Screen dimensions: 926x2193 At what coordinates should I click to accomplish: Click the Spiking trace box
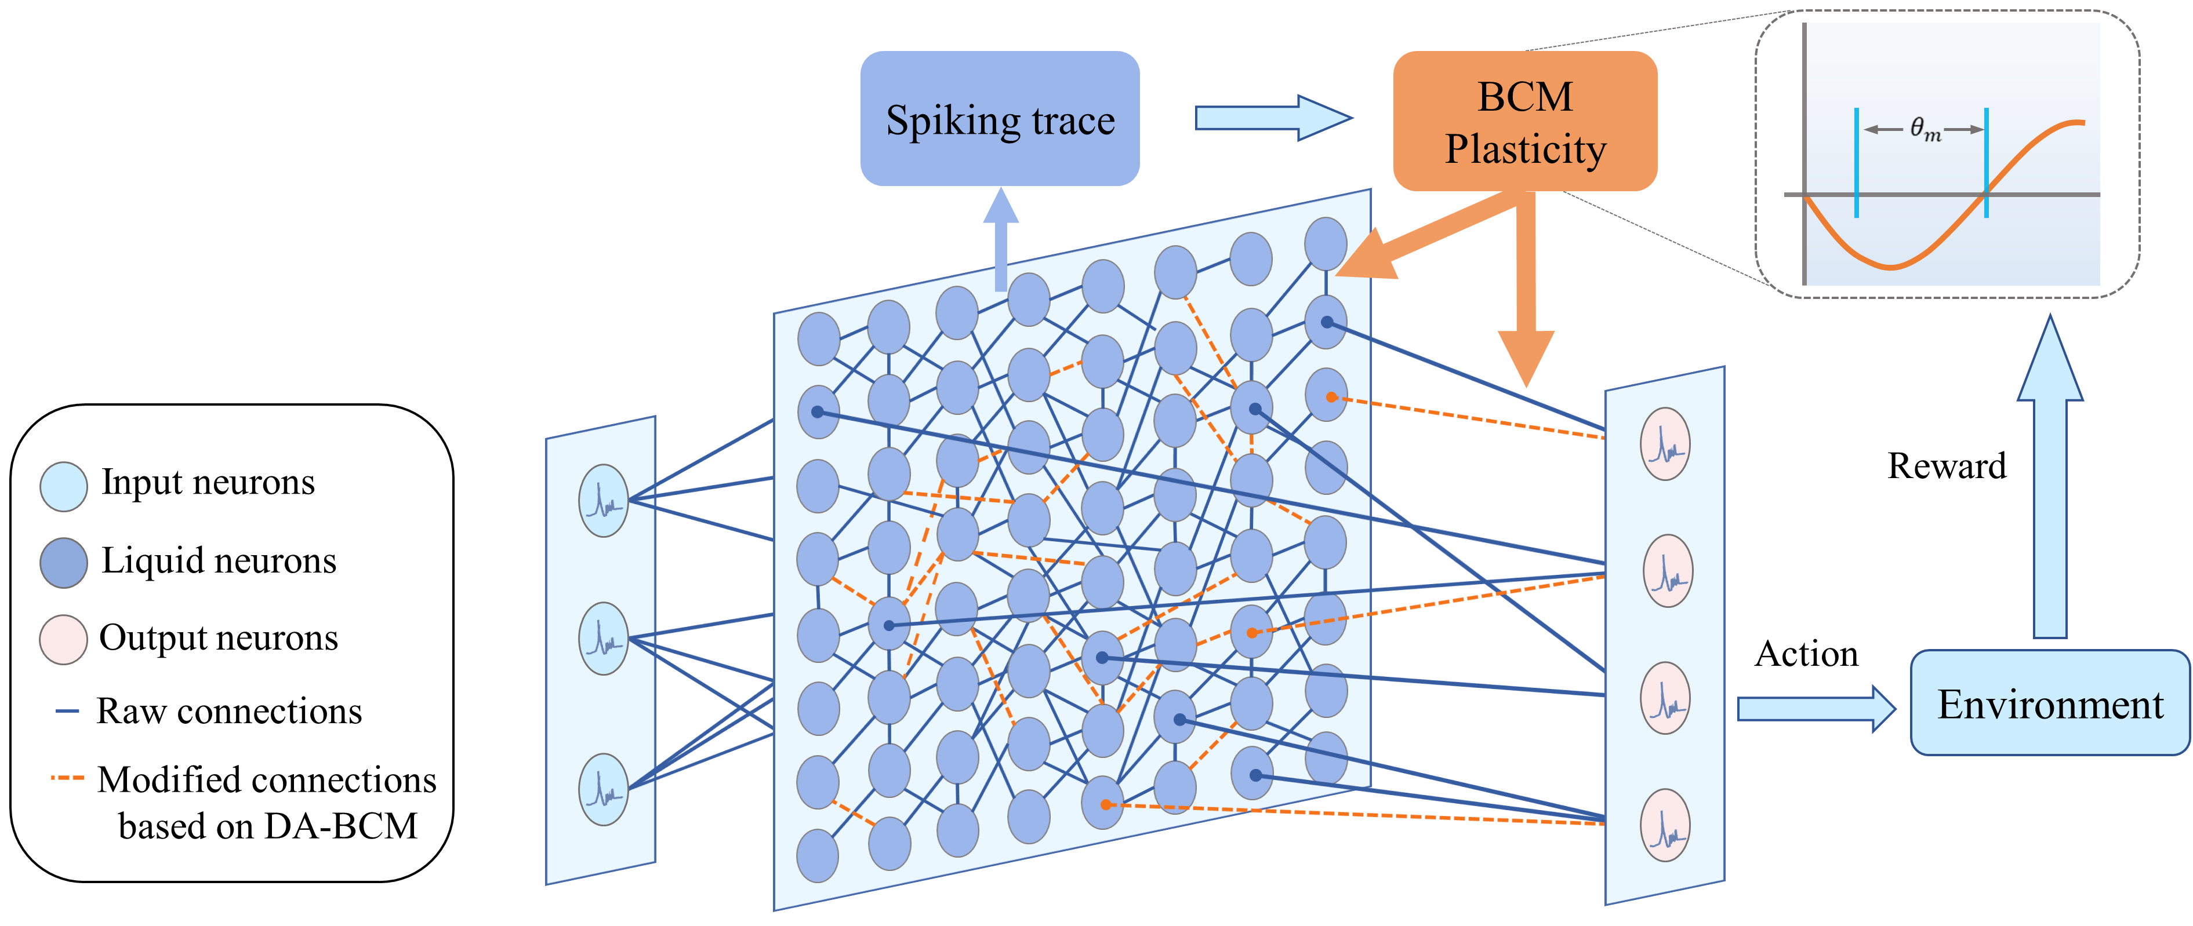click(1000, 119)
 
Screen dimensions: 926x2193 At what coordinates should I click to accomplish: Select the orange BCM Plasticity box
click(1524, 122)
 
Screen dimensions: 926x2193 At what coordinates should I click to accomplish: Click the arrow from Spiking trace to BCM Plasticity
click(1273, 118)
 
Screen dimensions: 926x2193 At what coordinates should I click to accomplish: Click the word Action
click(1806, 654)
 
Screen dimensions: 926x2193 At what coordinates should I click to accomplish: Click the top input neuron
click(604, 501)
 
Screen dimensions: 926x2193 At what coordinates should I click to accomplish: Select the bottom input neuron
click(604, 789)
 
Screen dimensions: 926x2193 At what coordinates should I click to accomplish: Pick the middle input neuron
click(604, 639)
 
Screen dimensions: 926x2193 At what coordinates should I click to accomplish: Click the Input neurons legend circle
click(64, 487)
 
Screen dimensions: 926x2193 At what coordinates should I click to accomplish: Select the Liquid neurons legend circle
click(64, 563)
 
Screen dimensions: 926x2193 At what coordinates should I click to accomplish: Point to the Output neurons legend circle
click(64, 639)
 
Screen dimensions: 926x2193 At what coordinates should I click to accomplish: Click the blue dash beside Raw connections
click(67, 710)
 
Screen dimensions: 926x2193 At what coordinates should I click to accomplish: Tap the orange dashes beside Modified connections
click(67, 778)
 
